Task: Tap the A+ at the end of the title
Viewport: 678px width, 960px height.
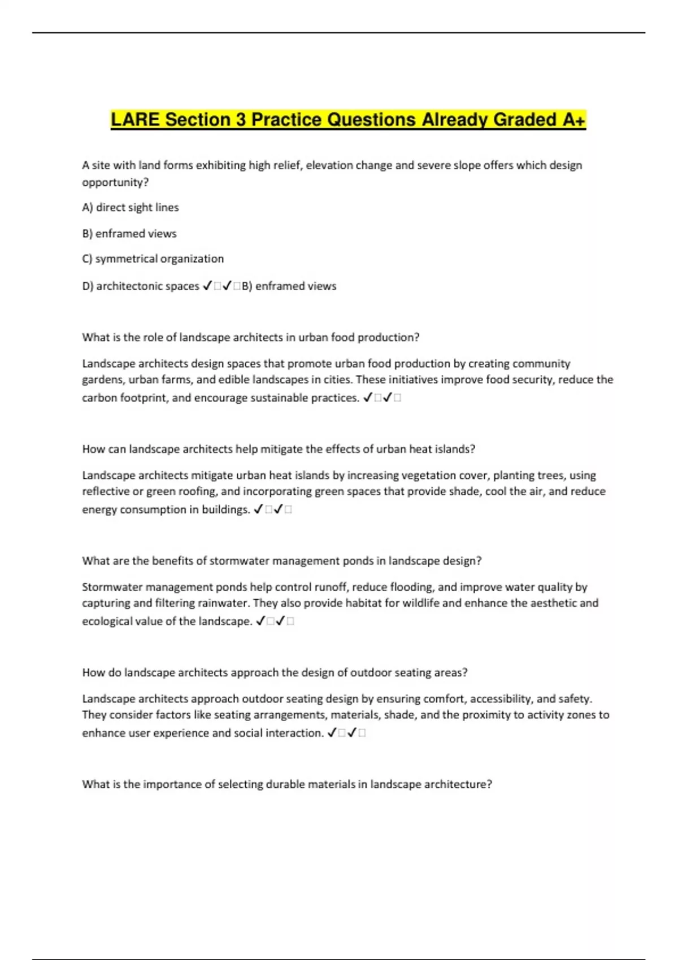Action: pos(573,120)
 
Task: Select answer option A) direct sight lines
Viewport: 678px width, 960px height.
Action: pos(131,207)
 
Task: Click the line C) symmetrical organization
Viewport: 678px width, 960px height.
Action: pos(153,259)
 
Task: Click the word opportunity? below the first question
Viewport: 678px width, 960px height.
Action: pos(115,182)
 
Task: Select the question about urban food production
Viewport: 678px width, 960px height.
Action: pos(250,337)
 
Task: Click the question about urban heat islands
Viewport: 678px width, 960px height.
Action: pos(279,449)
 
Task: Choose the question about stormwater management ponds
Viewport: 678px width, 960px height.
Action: pos(281,561)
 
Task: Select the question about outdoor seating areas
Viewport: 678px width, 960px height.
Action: pos(275,673)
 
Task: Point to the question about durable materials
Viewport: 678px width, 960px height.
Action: pos(287,784)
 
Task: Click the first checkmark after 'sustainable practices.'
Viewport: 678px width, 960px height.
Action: pos(367,398)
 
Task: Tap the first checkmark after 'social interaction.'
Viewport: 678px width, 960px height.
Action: pos(332,733)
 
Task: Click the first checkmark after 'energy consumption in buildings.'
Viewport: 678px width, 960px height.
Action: pos(258,509)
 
